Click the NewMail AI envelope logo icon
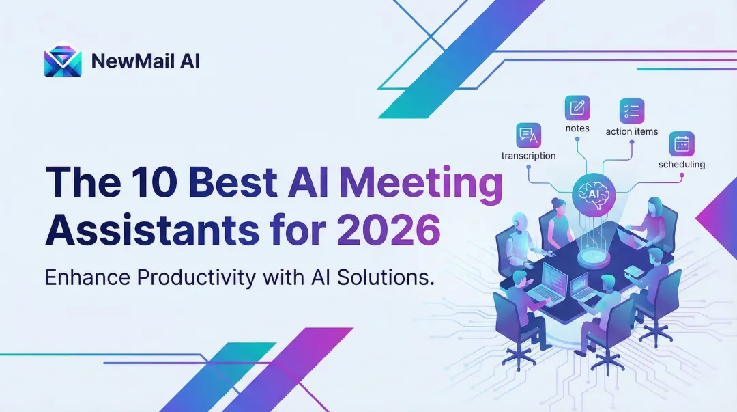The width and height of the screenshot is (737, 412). coord(63,61)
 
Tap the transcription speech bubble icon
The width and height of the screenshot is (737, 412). coord(529,135)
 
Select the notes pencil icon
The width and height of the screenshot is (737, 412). coord(577,108)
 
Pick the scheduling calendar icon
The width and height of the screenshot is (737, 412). coord(682,144)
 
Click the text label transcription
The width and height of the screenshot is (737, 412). coord(529,156)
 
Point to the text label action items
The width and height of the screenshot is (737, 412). coord(632,131)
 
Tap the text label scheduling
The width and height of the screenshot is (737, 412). coord(682,165)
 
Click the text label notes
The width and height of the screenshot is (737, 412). coord(577,128)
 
